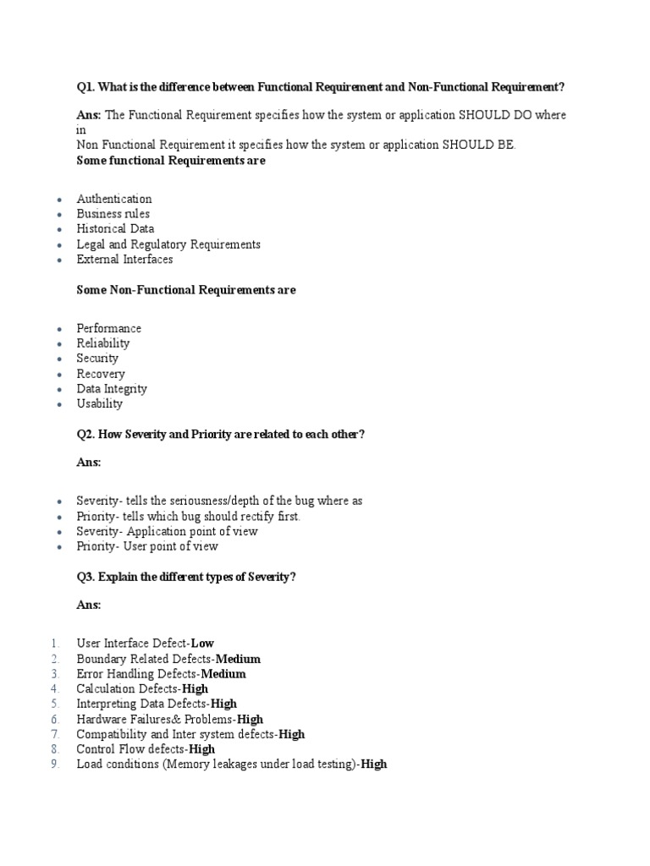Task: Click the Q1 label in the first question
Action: (85, 86)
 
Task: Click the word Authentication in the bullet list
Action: (114, 199)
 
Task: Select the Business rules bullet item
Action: (113, 214)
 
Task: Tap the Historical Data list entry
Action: (115, 229)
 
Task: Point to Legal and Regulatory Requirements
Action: (168, 244)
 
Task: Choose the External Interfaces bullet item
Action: (124, 260)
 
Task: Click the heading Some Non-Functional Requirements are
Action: (186, 290)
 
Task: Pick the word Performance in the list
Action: (109, 328)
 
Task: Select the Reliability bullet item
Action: (103, 343)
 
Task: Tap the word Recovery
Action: (101, 374)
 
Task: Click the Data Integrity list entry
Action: (112, 389)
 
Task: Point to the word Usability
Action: (100, 404)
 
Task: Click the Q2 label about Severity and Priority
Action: (85, 434)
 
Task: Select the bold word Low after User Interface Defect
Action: (203, 644)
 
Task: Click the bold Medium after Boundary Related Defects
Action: (238, 659)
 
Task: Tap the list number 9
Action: (54, 765)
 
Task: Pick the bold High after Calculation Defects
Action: (196, 689)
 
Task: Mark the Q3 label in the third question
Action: (85, 577)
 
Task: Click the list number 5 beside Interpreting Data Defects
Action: (54, 704)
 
